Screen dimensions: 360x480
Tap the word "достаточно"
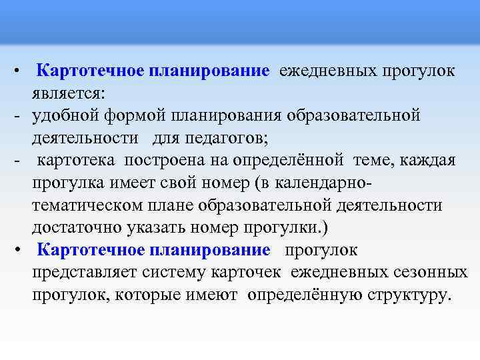point(75,228)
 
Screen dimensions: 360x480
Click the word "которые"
point(147,295)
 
